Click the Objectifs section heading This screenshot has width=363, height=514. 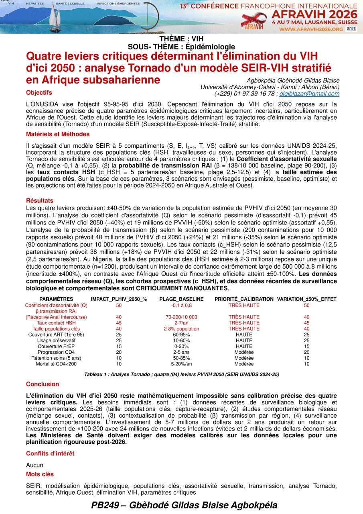(x=39, y=93)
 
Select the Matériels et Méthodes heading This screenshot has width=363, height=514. (x=58, y=134)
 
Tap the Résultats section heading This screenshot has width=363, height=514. (x=39, y=200)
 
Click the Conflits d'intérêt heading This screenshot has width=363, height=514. (x=50, y=453)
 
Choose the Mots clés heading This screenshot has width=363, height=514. (x=40, y=474)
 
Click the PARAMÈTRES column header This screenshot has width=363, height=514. (x=56, y=299)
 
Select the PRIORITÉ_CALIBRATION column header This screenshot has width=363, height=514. (x=244, y=299)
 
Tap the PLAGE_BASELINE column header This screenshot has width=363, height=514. (x=181, y=299)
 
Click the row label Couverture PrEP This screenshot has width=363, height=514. (x=56, y=346)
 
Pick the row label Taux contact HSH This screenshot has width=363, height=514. (x=56, y=323)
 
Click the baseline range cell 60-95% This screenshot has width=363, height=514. (x=181, y=335)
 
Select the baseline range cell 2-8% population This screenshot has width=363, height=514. (x=181, y=329)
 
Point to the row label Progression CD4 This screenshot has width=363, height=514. (x=56, y=352)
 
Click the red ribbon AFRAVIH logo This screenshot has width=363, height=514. (x=253, y=20)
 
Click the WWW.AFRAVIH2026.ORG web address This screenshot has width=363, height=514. (x=311, y=29)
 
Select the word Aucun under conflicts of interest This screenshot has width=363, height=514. (x=34, y=465)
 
